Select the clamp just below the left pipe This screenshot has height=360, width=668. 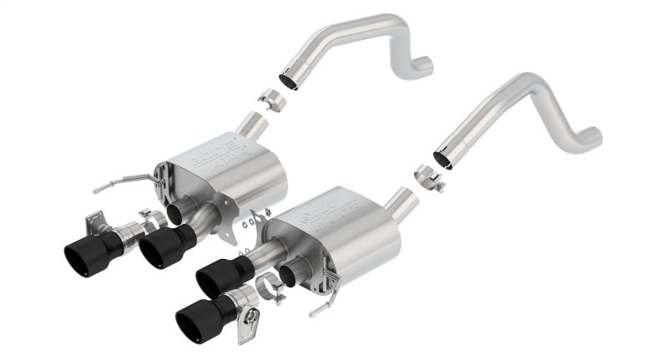271,100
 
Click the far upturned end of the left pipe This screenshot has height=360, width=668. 424,62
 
